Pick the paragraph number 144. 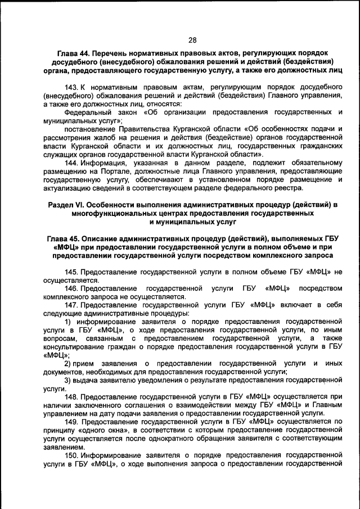(x=72, y=163)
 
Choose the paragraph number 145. (x=72, y=272)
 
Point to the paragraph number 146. (x=72, y=289)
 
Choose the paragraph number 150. (x=72, y=456)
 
